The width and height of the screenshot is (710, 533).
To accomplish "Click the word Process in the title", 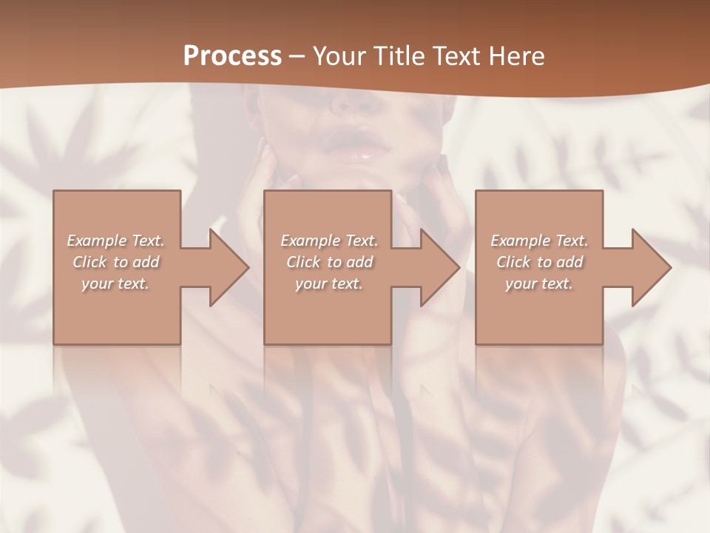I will [x=232, y=56].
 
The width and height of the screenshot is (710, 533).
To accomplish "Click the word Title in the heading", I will [x=399, y=56].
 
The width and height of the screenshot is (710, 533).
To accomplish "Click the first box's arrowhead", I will [x=229, y=267].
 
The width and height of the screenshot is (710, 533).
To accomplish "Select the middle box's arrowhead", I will [x=439, y=267].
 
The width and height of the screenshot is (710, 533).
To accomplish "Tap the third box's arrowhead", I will [x=651, y=267].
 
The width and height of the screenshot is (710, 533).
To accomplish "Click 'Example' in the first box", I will [x=95, y=241].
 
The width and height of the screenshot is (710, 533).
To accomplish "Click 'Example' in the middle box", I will [x=308, y=241].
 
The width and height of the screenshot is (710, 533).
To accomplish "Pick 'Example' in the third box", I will [x=519, y=241].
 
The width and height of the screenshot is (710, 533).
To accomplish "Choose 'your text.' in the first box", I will [x=115, y=284].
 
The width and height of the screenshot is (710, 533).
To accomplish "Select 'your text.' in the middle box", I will [x=328, y=284].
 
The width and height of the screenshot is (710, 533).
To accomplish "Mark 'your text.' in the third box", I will [x=539, y=284].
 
